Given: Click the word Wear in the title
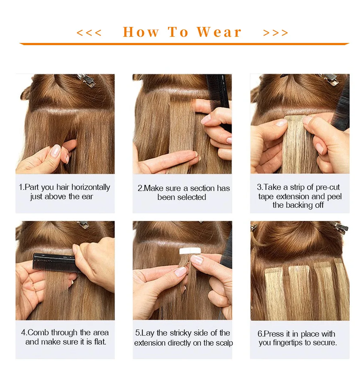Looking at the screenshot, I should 219,32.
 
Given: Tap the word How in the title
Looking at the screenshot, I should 141,32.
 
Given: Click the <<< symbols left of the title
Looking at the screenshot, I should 89,33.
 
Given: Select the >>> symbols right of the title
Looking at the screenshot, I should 276,33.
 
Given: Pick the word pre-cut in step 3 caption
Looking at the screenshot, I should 326,187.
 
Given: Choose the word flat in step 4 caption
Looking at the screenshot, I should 99,342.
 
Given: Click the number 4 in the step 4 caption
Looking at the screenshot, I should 24,333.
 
